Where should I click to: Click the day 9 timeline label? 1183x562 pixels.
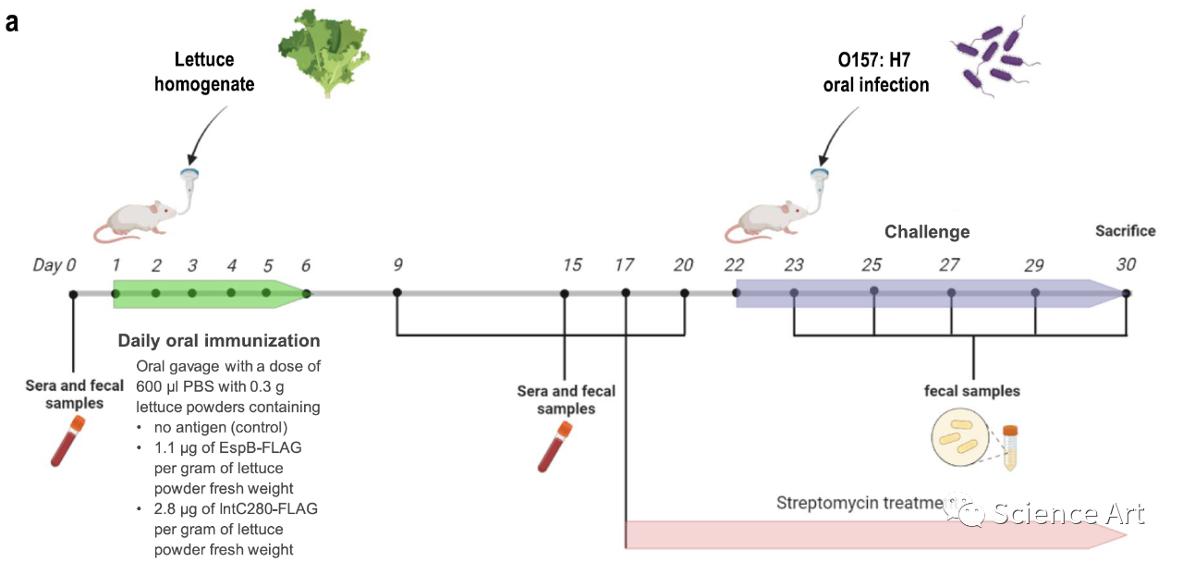397,265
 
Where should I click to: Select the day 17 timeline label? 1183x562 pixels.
624,265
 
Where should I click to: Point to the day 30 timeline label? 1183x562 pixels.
1125,265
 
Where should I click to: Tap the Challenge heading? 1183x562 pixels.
927,232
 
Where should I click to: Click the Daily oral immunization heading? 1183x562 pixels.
219,341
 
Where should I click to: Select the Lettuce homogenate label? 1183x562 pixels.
204,72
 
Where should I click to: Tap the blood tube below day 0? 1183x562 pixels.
67,441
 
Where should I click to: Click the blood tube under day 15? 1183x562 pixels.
554,447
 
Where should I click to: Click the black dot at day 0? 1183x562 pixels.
73,294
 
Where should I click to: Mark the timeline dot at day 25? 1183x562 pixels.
873,291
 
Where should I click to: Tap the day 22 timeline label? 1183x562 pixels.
735,265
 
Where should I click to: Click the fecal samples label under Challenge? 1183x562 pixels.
972,391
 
